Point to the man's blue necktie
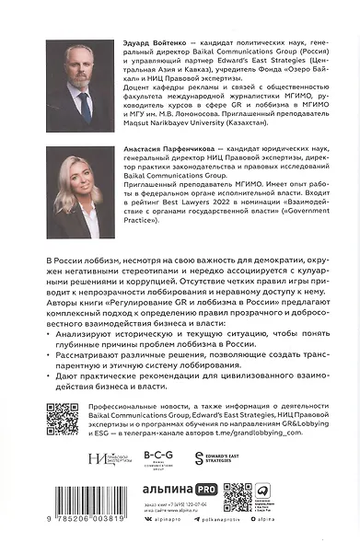point(84,111)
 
